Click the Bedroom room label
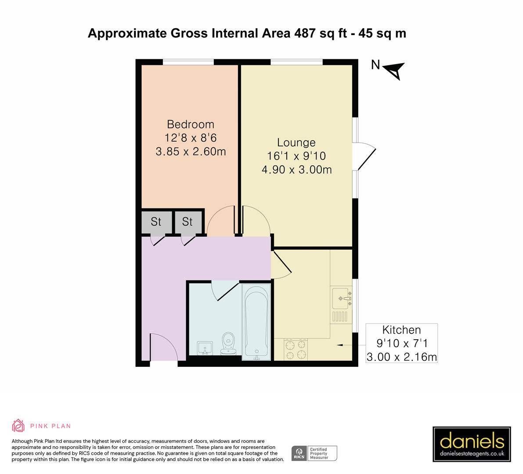190,125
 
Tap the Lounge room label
296,143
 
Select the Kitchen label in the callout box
401,330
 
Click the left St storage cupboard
156,222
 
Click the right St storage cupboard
188,222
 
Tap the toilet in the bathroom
228,342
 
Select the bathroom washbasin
204,348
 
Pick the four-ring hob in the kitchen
296,350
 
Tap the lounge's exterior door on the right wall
366,157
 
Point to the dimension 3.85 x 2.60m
190,152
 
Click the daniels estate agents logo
472,443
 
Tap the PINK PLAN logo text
50,426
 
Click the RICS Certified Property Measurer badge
314,453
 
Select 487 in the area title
303,33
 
